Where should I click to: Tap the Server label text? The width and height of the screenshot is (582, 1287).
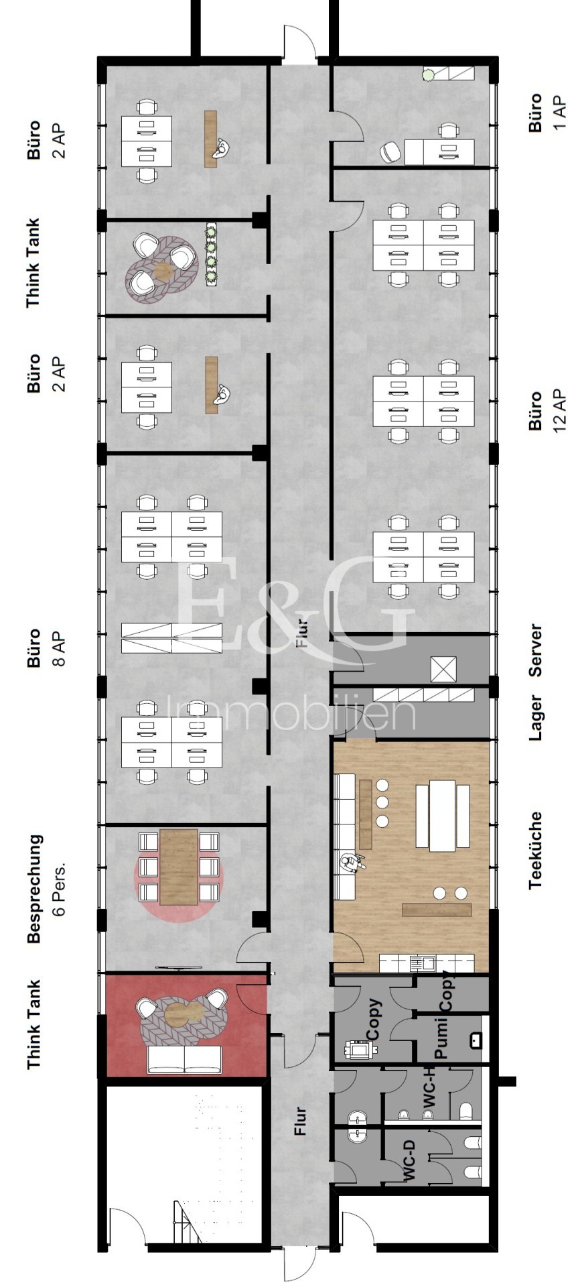pyautogui.click(x=535, y=651)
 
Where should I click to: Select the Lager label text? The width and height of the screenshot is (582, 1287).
pyautogui.click(x=535, y=718)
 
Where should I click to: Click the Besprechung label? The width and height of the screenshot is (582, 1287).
pyautogui.click(x=34, y=889)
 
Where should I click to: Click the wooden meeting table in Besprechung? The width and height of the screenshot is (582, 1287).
pyautogui.click(x=178, y=867)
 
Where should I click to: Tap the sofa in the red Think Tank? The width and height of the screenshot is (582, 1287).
pyautogui.click(x=185, y=1060)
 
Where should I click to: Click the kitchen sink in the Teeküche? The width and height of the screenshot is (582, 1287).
pyautogui.click(x=423, y=963)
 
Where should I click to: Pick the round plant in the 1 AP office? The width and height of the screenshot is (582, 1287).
pyautogui.click(x=427, y=75)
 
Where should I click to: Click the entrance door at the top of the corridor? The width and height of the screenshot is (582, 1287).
pyautogui.click(x=299, y=44)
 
